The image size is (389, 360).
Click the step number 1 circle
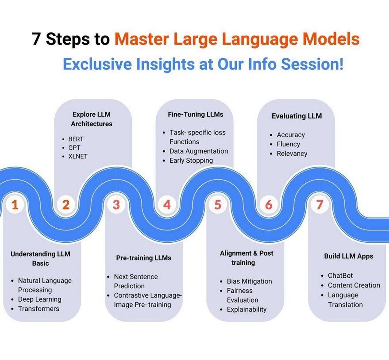pos(15,205)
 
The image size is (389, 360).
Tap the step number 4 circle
pos(167,205)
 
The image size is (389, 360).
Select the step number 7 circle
pos(320,205)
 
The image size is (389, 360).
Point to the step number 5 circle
pos(218,205)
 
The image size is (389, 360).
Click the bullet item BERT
pos(76,139)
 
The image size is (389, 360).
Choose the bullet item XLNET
pos(78,156)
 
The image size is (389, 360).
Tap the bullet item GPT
pos(74,148)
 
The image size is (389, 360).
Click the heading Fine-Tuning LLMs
pos(195,114)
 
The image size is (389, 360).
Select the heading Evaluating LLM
pos(297,116)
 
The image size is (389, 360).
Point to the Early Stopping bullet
pos(191,160)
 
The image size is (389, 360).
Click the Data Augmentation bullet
pos(198,151)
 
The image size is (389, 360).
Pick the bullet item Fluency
pos(288,144)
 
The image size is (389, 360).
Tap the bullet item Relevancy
pos(292,154)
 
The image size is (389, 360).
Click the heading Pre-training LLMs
pos(144,258)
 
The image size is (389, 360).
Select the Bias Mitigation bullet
pos(249,281)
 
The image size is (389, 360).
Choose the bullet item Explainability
pos(246,309)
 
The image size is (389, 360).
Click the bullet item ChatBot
pos(340,276)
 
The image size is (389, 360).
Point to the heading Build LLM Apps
pos(348,256)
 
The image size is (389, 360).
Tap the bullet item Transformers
pos(39,309)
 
